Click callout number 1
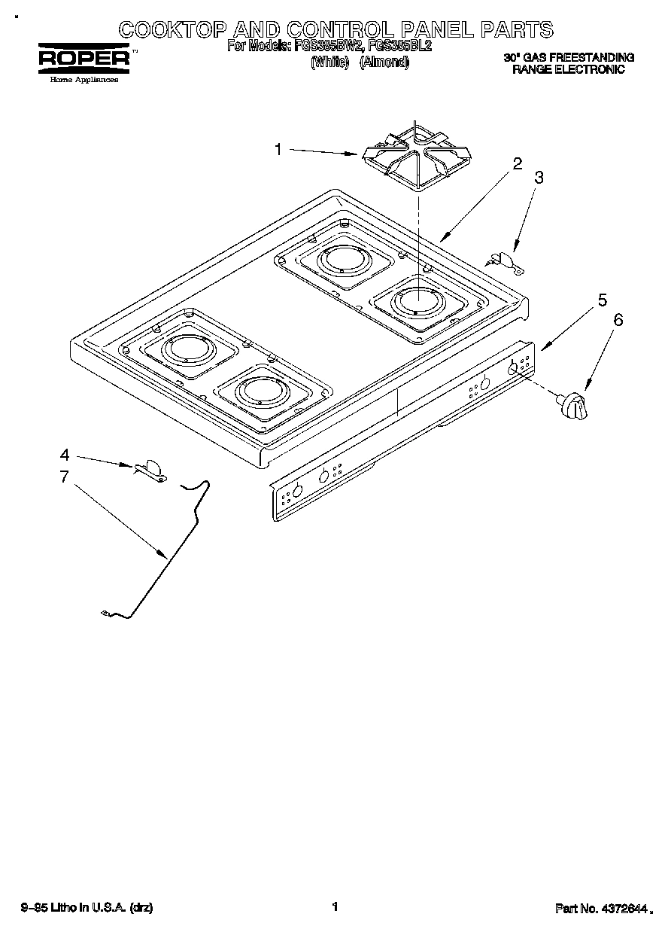click(x=278, y=150)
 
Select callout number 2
click(x=518, y=164)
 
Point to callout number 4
click(x=65, y=455)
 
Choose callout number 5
click(x=602, y=300)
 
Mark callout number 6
click(x=618, y=319)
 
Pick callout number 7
click(x=65, y=476)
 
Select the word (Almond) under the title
click(x=384, y=62)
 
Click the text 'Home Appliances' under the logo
click(x=83, y=79)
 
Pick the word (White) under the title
click(x=329, y=62)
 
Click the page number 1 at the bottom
click(x=335, y=907)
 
